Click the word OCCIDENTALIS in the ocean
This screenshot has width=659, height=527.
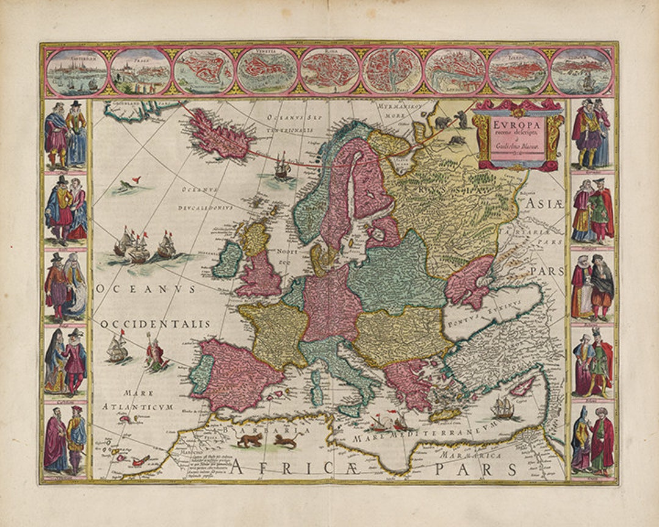point(156,324)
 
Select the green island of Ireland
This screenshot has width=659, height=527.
point(227,259)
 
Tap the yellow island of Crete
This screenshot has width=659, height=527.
point(444,414)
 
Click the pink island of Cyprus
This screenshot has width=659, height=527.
point(522,385)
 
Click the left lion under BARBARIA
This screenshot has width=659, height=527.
point(249,440)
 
